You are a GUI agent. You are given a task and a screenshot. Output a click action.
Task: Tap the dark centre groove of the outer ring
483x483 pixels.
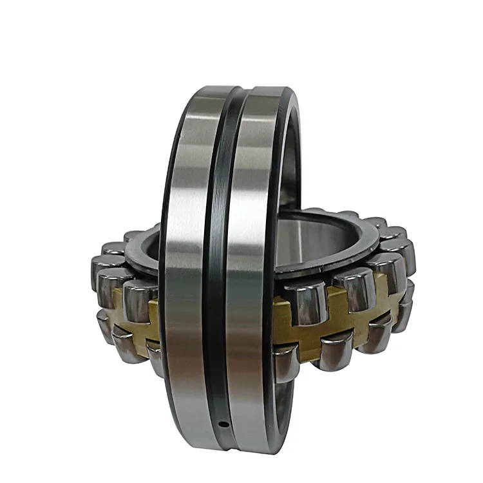(216, 258)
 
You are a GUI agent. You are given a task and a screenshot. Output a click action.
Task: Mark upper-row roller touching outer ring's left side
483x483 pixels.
(140, 298)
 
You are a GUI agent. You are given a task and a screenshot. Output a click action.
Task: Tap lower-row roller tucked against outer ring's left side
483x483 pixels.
(155, 357)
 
